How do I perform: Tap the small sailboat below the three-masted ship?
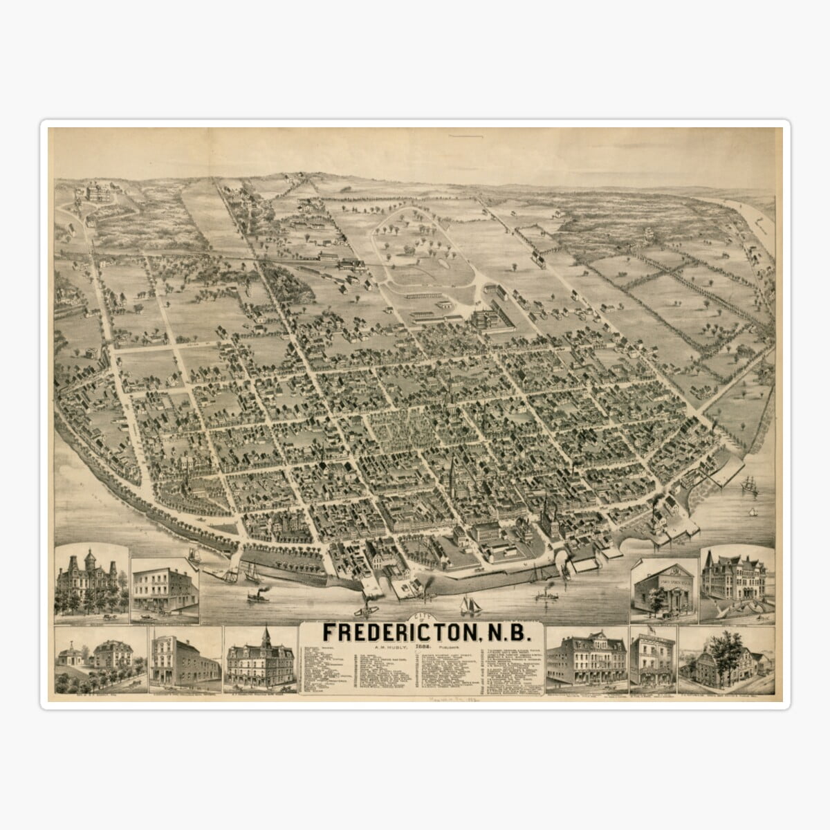click(753, 513)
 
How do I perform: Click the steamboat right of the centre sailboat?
click(546, 593)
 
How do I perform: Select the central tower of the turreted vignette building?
click(89, 562)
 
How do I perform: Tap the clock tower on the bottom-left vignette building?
click(266, 636)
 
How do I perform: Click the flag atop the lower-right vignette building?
click(650, 630)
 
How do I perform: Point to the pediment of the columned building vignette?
click(663, 569)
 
